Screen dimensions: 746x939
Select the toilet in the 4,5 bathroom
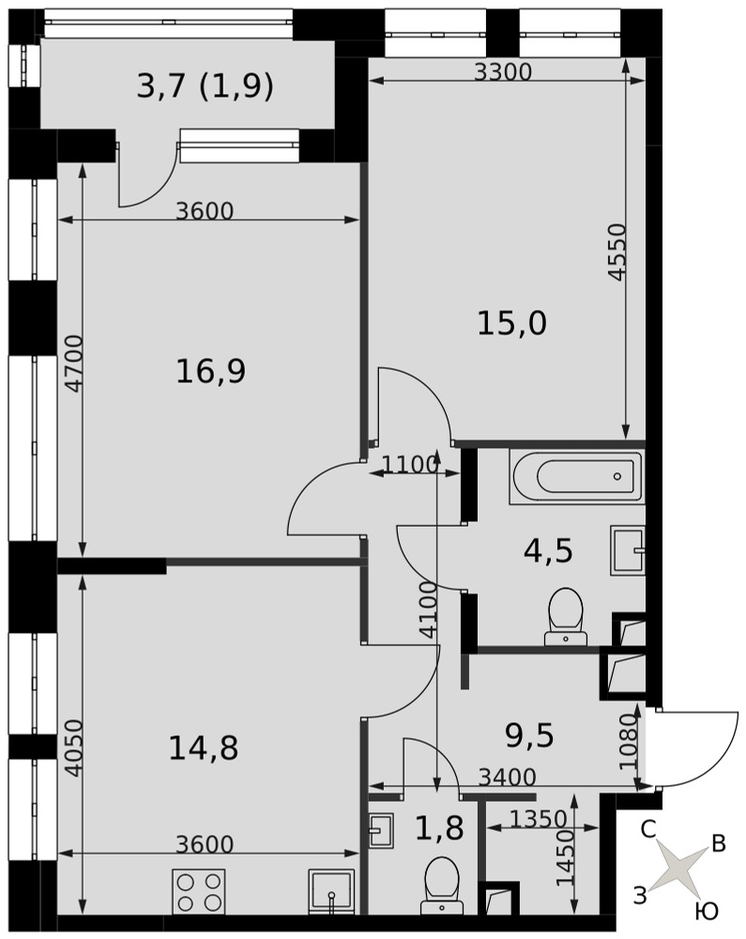coord(565,616)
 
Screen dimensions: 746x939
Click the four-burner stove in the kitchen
coord(199,891)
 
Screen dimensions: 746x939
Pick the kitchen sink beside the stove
coord(331,892)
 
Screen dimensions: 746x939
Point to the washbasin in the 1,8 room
coord(380,829)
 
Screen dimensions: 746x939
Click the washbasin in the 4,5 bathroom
coord(628,550)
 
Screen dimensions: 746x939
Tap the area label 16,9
coord(210,371)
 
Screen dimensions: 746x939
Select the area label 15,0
coord(511,323)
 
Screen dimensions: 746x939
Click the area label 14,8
coord(204,748)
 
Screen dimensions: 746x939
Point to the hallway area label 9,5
coord(529,735)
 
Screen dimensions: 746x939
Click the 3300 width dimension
coord(503,72)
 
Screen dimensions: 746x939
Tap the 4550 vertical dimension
coord(617,252)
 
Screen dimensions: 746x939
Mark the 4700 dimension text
coord(74,364)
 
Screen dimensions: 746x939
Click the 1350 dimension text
coord(539,818)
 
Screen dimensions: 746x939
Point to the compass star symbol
coord(678,866)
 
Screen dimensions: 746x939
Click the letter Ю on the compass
coord(707,911)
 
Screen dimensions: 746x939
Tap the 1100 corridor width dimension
coord(410,465)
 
